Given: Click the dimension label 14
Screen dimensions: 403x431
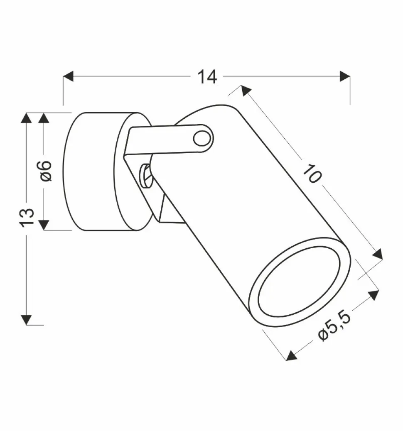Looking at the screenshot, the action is pos(207,77).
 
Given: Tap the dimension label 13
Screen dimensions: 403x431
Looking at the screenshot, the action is pos(27,218).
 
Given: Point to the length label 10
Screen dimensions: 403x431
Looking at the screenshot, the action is pos(312,173).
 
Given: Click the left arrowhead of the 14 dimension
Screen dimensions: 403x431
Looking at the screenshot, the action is pos(68,76).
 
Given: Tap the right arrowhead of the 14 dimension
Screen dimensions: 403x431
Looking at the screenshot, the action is pos(345,76).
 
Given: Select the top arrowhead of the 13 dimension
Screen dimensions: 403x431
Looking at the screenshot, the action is pos(27,118).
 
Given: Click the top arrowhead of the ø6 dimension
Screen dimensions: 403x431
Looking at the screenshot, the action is pos(44,118).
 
